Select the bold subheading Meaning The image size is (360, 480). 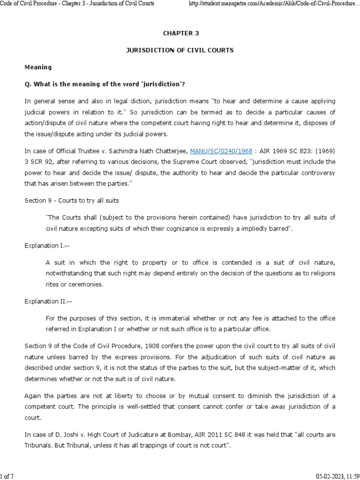pyautogui.click(x=38, y=67)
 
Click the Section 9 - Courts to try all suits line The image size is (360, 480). pyautogui.click(x=72, y=200)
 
